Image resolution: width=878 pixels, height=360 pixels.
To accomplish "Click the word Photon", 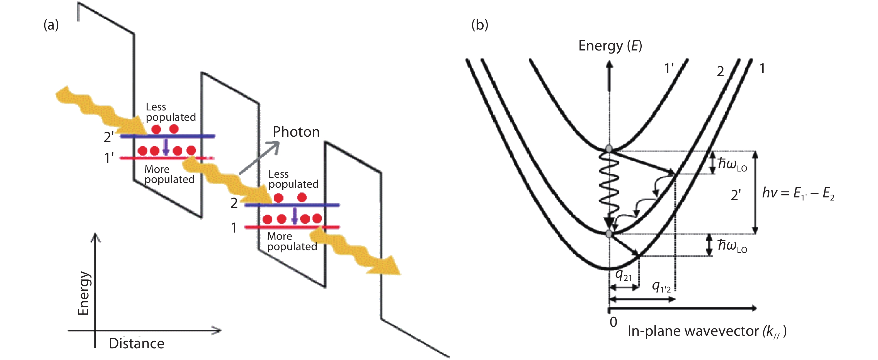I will [x=296, y=132].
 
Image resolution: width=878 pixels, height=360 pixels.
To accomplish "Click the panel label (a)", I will [x=51, y=25].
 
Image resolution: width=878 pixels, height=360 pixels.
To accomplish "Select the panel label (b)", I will [x=480, y=25].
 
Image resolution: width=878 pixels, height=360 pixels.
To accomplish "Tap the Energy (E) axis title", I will [x=610, y=46].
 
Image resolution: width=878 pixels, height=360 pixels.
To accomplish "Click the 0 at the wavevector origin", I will [x=613, y=322].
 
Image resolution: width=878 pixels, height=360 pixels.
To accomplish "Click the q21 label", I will [x=624, y=275].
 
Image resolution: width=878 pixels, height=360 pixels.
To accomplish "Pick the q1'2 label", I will [x=661, y=287].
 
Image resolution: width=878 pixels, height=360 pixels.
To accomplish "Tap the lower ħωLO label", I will [x=732, y=245].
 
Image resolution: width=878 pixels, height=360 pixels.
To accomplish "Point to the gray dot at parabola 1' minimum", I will [x=609, y=149].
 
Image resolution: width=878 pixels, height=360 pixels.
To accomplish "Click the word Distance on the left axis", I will [x=136, y=344].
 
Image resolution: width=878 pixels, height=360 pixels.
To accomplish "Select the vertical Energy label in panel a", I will [x=84, y=293].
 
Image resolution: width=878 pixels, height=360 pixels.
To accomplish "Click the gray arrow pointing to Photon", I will [x=259, y=158].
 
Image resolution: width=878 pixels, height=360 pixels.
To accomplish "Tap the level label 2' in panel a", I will [x=109, y=137].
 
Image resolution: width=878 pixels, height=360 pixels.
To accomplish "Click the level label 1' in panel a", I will [x=109, y=158].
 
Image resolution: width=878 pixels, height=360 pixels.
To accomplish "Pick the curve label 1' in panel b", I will [x=669, y=69].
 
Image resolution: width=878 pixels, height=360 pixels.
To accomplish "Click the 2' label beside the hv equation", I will [x=736, y=195].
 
